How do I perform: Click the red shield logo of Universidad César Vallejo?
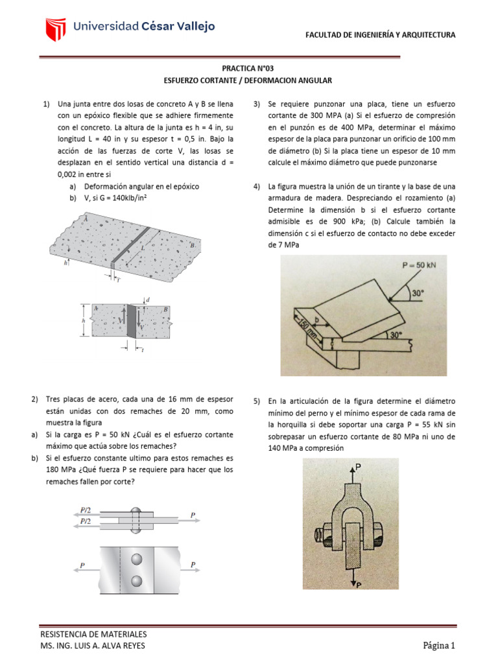pos(56,29)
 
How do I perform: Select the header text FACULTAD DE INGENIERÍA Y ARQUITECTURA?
pos(380,34)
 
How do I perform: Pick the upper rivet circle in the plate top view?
pos(136,558)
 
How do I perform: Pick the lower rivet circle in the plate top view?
pos(136,580)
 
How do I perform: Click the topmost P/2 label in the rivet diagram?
pos(85,510)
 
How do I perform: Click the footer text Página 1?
pos(440,645)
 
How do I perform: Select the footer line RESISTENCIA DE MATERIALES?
pos(93,634)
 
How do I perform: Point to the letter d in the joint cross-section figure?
pos(148,300)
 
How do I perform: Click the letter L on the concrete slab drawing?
pos(143,248)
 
